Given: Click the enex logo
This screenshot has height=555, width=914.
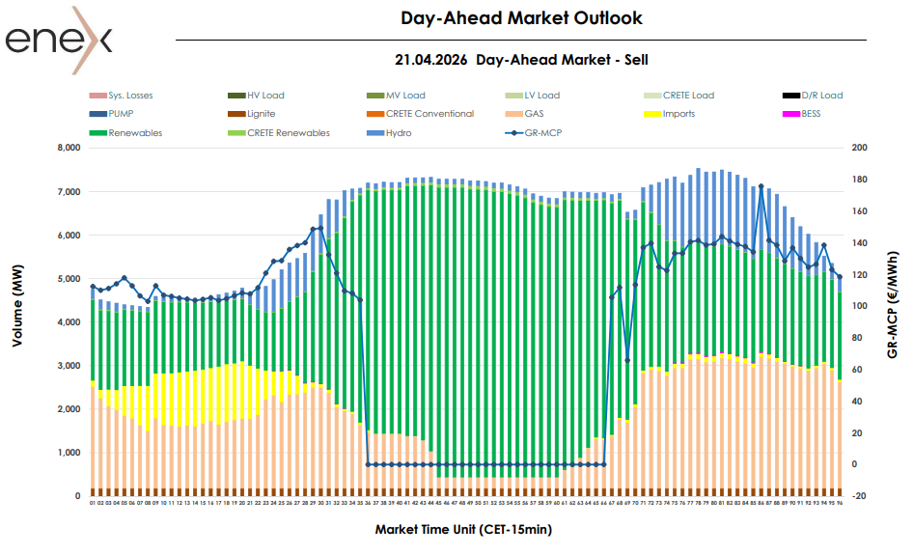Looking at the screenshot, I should click(x=58, y=37).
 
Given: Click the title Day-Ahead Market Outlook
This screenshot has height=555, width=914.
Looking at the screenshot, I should click(x=521, y=18).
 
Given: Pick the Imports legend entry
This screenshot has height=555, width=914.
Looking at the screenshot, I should click(x=679, y=114).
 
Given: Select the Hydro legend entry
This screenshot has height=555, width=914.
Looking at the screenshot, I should click(x=399, y=132).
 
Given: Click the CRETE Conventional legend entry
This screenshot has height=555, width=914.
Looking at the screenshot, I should click(x=429, y=114).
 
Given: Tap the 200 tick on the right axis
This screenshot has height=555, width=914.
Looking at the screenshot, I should click(x=860, y=149).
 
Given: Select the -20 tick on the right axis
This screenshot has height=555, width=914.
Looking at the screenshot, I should click(x=860, y=496).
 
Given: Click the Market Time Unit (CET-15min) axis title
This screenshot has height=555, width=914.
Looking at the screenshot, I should click(x=463, y=529).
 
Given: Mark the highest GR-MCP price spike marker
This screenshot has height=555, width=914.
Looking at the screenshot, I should click(x=762, y=186).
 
